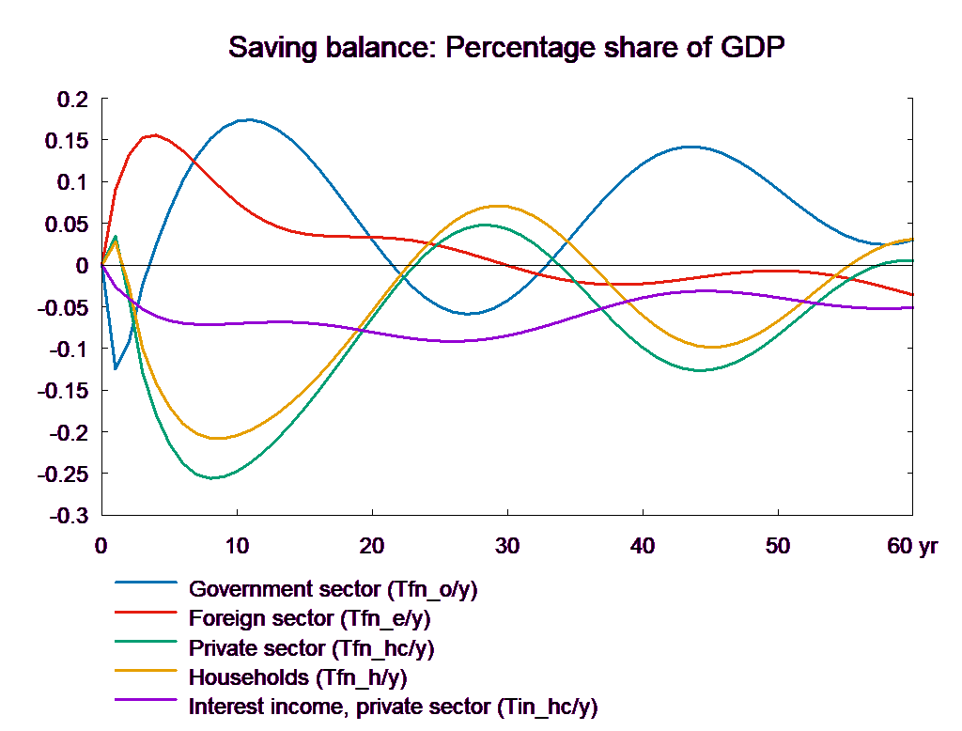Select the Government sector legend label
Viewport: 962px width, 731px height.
(334, 590)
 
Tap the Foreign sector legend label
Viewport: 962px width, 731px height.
(310, 619)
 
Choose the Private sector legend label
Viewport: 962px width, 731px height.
(311, 648)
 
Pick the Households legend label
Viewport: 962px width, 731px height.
(298, 677)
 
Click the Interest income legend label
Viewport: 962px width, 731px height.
(393, 707)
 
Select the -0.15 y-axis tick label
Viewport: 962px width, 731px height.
(64, 391)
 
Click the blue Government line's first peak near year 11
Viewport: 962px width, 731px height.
(248, 119)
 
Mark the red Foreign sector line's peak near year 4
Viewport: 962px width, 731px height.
(154, 135)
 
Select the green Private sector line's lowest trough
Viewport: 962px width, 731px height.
(214, 477)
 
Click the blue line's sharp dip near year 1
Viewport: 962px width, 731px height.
(116, 367)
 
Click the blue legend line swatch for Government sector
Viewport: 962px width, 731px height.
(147, 583)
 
